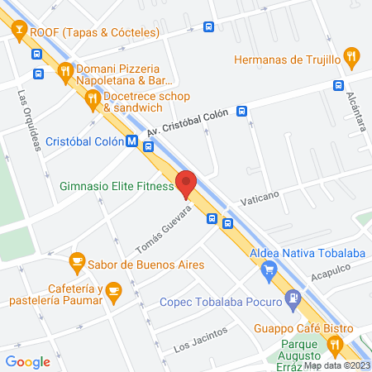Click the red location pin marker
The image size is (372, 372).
(187, 184)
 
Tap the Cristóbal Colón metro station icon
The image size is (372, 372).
(131, 142)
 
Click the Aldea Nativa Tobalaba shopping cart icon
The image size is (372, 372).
(269, 269)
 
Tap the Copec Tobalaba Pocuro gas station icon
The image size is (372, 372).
(292, 298)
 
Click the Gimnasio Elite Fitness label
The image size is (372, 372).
(116, 187)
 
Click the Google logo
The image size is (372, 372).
(28, 361)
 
